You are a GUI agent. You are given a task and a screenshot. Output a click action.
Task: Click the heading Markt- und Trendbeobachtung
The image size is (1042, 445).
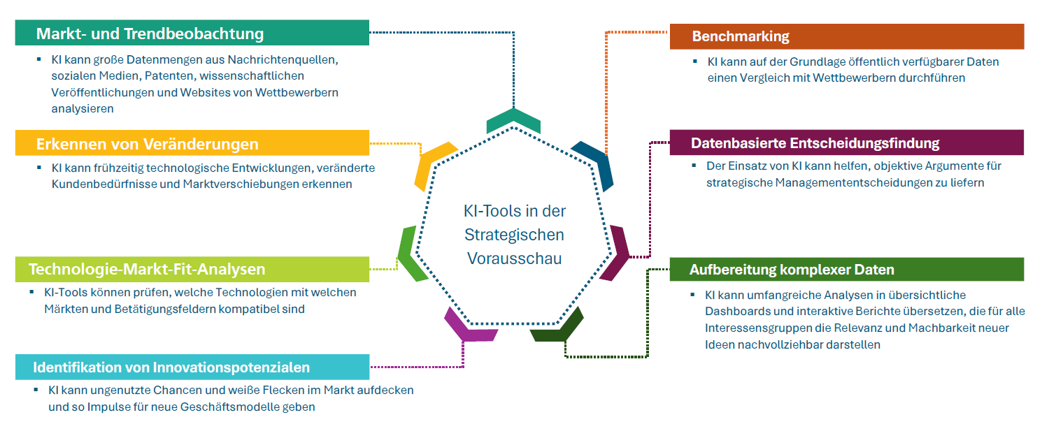pyautogui.click(x=150, y=34)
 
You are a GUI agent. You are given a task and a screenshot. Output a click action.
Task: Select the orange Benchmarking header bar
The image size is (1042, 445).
pyautogui.click(x=846, y=36)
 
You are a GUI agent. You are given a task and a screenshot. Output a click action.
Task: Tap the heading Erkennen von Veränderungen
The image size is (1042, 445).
pyautogui.click(x=147, y=144)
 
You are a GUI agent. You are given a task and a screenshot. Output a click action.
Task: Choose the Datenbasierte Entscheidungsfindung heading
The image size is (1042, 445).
pyautogui.click(x=815, y=143)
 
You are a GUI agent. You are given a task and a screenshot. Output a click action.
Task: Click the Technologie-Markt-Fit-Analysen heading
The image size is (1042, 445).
pyautogui.click(x=146, y=269)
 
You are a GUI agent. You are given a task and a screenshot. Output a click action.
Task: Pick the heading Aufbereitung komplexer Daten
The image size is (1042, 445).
pyautogui.click(x=792, y=270)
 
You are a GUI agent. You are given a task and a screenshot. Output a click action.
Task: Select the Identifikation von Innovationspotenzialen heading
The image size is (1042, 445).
pyautogui.click(x=171, y=367)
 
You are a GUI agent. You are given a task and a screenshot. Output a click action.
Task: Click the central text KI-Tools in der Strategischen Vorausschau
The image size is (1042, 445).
pyautogui.click(x=515, y=235)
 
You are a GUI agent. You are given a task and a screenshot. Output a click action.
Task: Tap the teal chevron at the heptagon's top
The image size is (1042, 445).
pyautogui.click(x=513, y=120)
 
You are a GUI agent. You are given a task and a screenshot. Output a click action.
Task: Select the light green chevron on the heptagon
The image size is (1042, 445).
pyautogui.click(x=411, y=253)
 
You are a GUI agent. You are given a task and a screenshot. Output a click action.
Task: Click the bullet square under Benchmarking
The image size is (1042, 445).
pyautogui.click(x=695, y=61)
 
